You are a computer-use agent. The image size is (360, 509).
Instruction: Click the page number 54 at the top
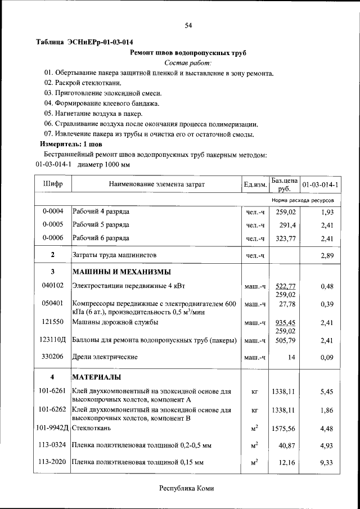tap(188, 25)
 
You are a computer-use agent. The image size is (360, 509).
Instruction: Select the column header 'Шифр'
tap(53, 184)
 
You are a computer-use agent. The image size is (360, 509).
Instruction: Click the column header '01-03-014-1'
tap(320, 184)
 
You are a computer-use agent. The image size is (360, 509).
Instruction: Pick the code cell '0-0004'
tap(53, 211)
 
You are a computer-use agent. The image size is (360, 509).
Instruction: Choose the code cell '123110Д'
tap(53, 340)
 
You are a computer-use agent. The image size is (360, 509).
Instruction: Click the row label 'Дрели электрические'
tap(105, 357)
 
